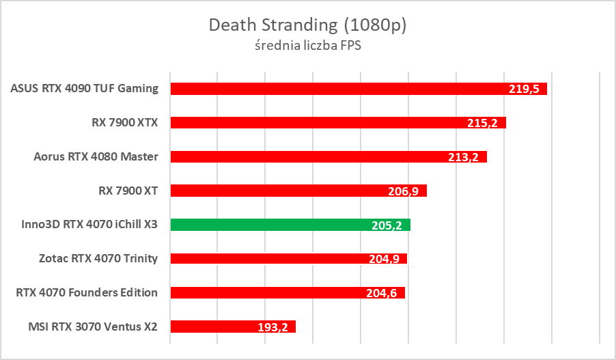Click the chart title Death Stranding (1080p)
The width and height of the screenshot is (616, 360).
click(307, 25)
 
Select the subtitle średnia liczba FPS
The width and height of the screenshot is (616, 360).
click(307, 46)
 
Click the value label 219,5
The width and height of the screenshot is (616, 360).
click(525, 89)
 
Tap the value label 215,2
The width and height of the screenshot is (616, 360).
click(484, 124)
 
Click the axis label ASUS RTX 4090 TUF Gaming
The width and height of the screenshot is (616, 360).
click(85, 89)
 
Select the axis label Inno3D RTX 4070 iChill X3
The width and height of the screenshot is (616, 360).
click(85, 225)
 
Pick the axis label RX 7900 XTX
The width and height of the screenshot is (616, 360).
click(124, 123)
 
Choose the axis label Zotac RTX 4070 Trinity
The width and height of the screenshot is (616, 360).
click(98, 258)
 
